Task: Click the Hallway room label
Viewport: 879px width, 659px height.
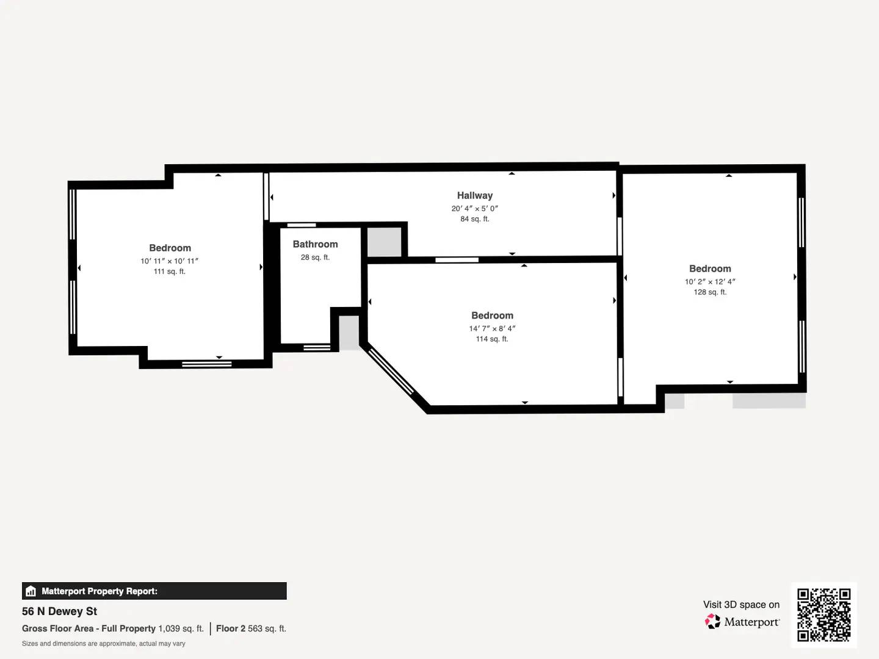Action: [474, 195]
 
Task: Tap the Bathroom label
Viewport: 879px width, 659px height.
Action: [315, 244]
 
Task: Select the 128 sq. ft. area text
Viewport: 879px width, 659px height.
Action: [709, 292]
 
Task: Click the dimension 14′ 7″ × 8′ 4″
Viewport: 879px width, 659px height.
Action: [492, 328]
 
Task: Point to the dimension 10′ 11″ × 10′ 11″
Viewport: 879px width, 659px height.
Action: [169, 261]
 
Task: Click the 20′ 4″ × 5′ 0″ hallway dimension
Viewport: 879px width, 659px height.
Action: [474, 209]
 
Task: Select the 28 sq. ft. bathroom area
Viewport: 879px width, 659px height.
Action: [315, 257]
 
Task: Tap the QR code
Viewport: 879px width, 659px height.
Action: [823, 614]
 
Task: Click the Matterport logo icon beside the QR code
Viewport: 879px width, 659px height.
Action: [712, 622]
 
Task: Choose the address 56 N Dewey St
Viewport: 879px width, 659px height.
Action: [60, 611]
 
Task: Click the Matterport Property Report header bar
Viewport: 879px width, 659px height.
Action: [154, 591]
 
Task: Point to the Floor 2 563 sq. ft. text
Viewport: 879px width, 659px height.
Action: [251, 628]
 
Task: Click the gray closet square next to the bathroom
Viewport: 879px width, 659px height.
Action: [384, 242]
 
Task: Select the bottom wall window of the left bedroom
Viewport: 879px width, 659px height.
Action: [206, 364]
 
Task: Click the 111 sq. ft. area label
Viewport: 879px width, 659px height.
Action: [169, 272]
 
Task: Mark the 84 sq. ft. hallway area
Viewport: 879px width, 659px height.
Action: [474, 219]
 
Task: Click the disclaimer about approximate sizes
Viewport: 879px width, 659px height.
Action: [104, 644]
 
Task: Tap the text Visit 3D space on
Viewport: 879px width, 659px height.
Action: [741, 605]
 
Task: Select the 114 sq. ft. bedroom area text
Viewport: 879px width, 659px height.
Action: [492, 339]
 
